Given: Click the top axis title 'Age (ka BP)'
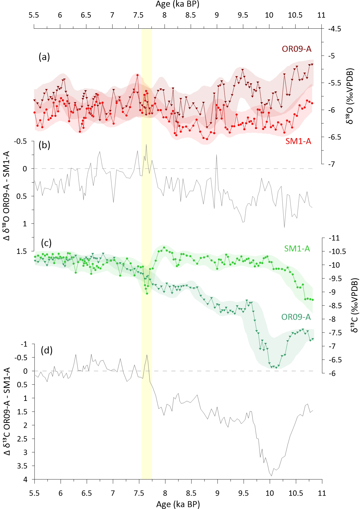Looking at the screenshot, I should (x=177, y=4).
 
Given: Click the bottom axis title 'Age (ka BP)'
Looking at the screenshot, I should (x=178, y=504).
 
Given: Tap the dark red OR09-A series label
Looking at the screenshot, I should (x=296, y=49).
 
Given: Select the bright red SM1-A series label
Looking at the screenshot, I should (x=298, y=141).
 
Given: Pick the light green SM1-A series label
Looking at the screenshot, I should (x=297, y=248).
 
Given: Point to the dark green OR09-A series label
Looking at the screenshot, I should (x=296, y=317).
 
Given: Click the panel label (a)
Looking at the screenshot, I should (x=44, y=57).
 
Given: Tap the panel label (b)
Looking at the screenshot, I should (x=44, y=145).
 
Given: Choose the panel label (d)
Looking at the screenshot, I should (x=47, y=350).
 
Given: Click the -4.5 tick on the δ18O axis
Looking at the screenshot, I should (x=334, y=29).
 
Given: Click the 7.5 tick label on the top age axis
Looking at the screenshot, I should (x=138, y=15).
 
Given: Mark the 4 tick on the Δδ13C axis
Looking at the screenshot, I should (x=25, y=479).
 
